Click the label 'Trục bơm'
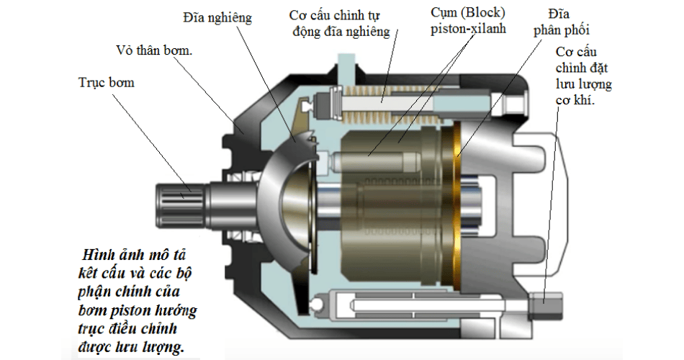point(107,83)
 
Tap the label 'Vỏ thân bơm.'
point(154,50)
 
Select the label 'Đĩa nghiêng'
point(217,18)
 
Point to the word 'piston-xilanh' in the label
point(468,29)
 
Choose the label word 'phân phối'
point(562,30)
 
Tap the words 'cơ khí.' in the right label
point(575,100)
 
